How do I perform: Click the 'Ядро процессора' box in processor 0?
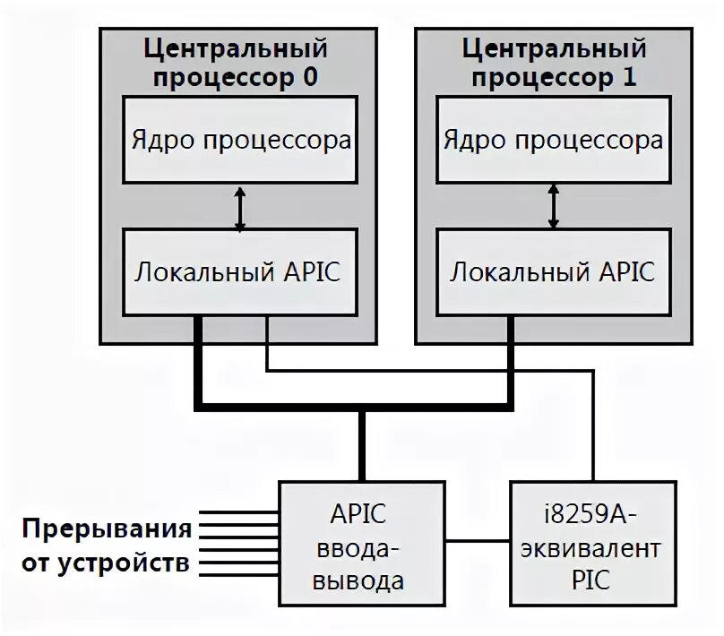[239, 141]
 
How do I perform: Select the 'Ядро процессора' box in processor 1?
[553, 141]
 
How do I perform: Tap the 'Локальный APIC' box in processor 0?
[239, 271]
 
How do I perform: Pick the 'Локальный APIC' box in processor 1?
[553, 271]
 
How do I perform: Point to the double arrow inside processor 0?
[239, 209]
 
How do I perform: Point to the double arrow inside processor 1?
[553, 209]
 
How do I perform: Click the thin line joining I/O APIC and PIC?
[478, 540]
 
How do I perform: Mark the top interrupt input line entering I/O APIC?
[237, 513]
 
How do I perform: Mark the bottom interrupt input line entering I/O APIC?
[237, 572]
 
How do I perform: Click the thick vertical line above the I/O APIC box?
[362, 443]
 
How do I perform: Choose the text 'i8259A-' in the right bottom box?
[589, 517]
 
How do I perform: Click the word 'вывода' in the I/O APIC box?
[362, 580]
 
